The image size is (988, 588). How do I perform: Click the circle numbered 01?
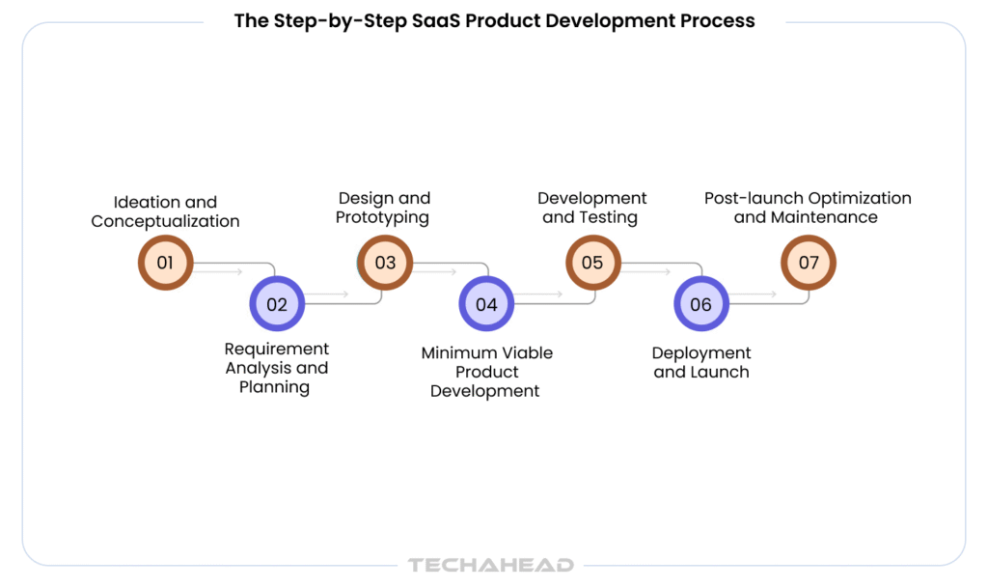click(166, 263)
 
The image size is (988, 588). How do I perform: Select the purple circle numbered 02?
click(277, 304)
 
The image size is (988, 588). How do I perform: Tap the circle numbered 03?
click(385, 263)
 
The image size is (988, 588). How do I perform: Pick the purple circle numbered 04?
click(486, 304)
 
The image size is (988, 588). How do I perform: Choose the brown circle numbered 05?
click(593, 263)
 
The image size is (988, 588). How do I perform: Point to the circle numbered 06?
click(701, 304)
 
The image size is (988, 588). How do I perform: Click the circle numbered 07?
click(809, 263)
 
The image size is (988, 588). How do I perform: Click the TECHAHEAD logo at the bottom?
click(491, 565)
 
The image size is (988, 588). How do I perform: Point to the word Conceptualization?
click(165, 221)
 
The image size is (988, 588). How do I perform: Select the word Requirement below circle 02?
click(277, 350)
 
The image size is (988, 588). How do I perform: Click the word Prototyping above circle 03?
click(382, 218)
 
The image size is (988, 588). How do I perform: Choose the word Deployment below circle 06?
click(701, 353)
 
